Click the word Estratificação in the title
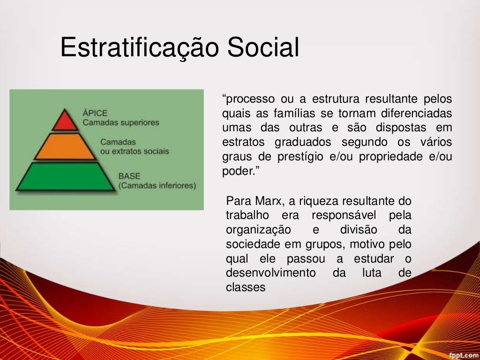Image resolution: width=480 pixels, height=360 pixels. click(139, 48)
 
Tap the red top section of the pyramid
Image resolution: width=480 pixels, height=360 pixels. click(65, 121)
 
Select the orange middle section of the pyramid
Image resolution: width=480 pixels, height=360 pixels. click(65, 147)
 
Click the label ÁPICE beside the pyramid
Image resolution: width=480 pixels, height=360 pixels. click(95, 113)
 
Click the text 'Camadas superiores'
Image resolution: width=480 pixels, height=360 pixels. click(120, 123)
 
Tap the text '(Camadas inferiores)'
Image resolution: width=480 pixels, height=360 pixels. click(157, 186)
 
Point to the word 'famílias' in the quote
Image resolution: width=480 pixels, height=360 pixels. click(294, 113)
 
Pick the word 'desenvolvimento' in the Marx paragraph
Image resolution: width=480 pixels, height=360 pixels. click(271, 273)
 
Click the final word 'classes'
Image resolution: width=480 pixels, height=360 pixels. click(246, 288)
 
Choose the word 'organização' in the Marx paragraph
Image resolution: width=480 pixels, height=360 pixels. click(258, 230)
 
